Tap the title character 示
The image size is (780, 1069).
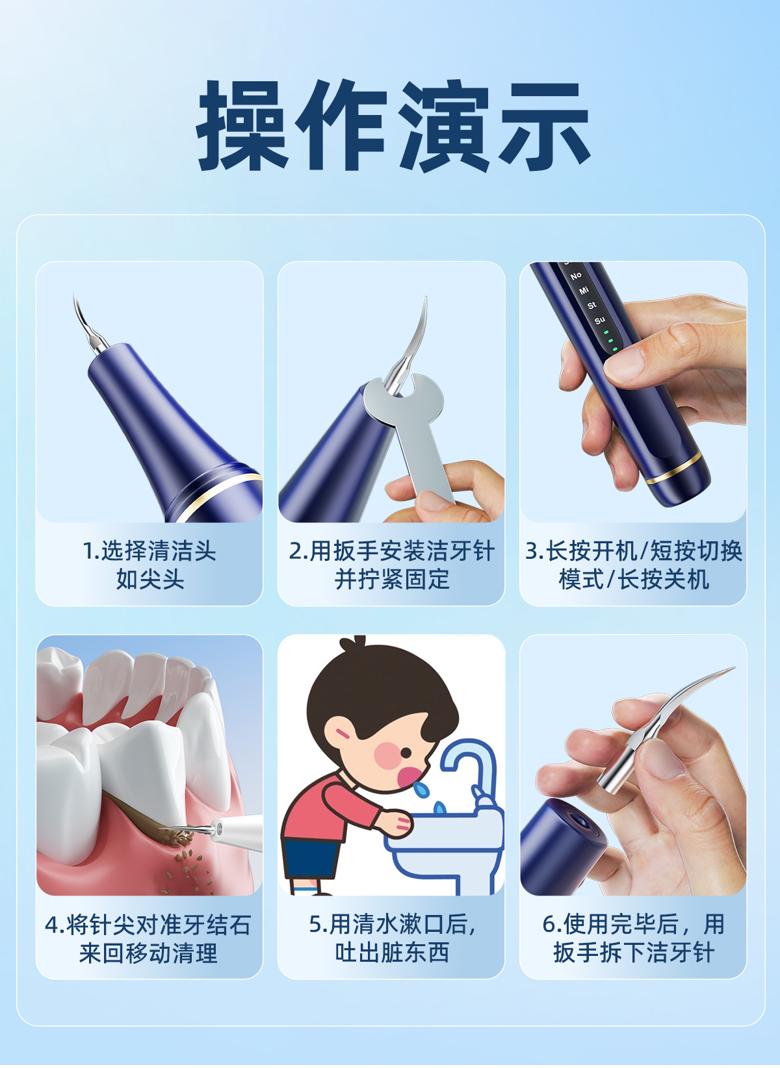545,125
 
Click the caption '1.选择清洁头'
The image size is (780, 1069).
149,550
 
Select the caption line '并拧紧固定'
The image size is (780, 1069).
391,580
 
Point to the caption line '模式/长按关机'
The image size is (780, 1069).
634,580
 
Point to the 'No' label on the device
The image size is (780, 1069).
576,276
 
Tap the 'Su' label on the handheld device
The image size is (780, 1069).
599,320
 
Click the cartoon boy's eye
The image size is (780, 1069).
406,753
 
